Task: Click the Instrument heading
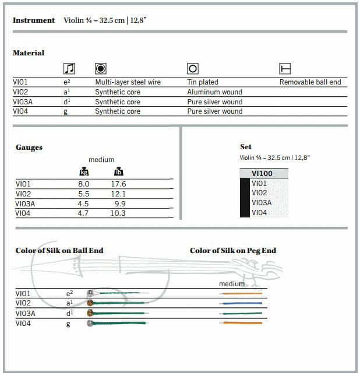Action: (34, 20)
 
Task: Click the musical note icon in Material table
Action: (69, 69)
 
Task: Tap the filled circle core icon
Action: (100, 69)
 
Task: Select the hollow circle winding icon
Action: (193, 69)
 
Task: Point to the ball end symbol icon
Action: (285, 69)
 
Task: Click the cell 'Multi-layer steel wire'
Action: (128, 82)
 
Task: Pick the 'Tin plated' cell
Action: (203, 82)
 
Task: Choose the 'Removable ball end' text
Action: (310, 82)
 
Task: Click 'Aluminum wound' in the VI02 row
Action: (214, 92)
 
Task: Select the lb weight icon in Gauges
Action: (118, 172)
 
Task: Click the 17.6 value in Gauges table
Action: (119, 184)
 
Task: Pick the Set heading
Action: (246, 147)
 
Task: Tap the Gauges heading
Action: (29, 147)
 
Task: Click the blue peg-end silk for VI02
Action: (241, 303)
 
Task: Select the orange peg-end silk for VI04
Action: (241, 323)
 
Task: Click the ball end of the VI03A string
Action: (90, 313)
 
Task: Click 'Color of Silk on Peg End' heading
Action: (233, 251)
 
